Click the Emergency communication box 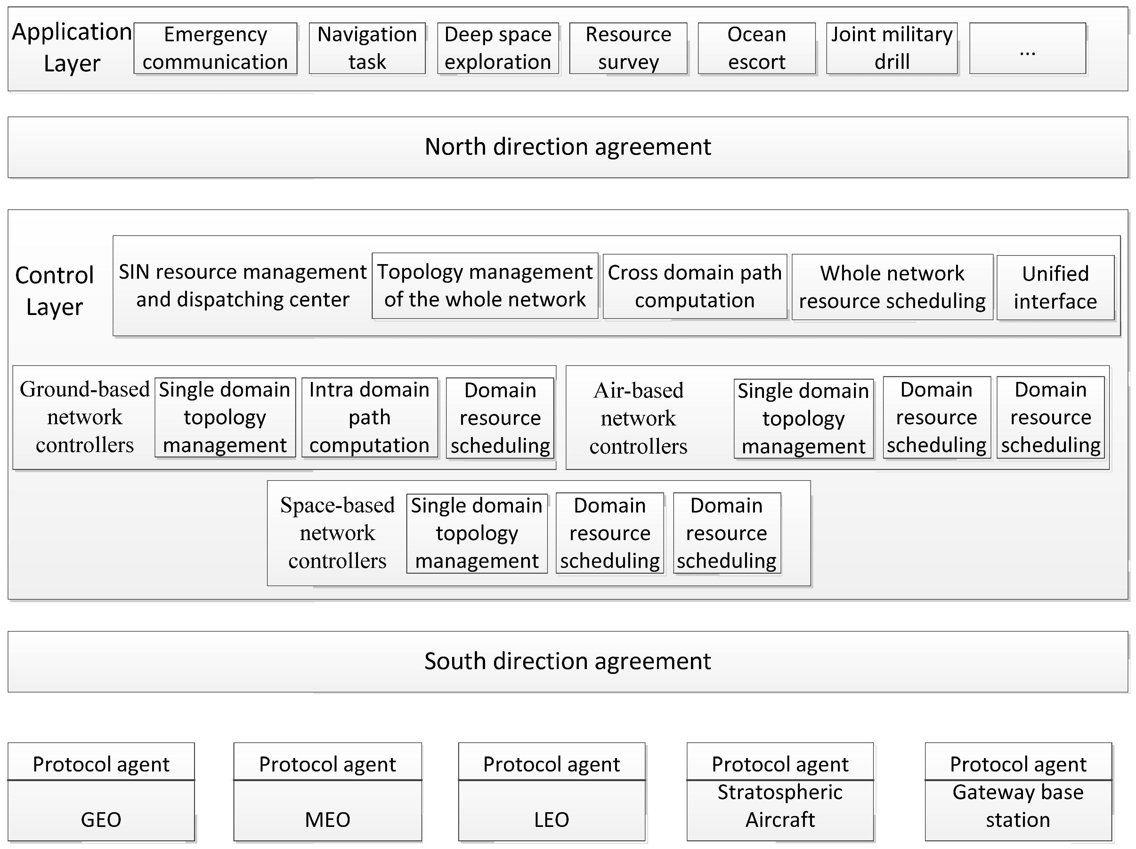pos(215,48)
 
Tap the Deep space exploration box pos(498,48)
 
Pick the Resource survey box pos(628,48)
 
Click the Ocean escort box pos(757,48)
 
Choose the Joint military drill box pos(892,48)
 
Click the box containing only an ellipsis pos(1027,48)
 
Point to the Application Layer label pos(72,47)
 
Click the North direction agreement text pos(567,147)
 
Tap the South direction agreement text pos(567,661)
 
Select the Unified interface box pos(1055,287)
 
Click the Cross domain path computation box pos(694,287)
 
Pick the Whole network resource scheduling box pos(892,287)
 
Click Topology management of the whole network pos(485,286)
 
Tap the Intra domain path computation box pos(369,417)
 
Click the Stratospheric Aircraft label pos(780,806)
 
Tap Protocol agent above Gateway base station pos(1018,764)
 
